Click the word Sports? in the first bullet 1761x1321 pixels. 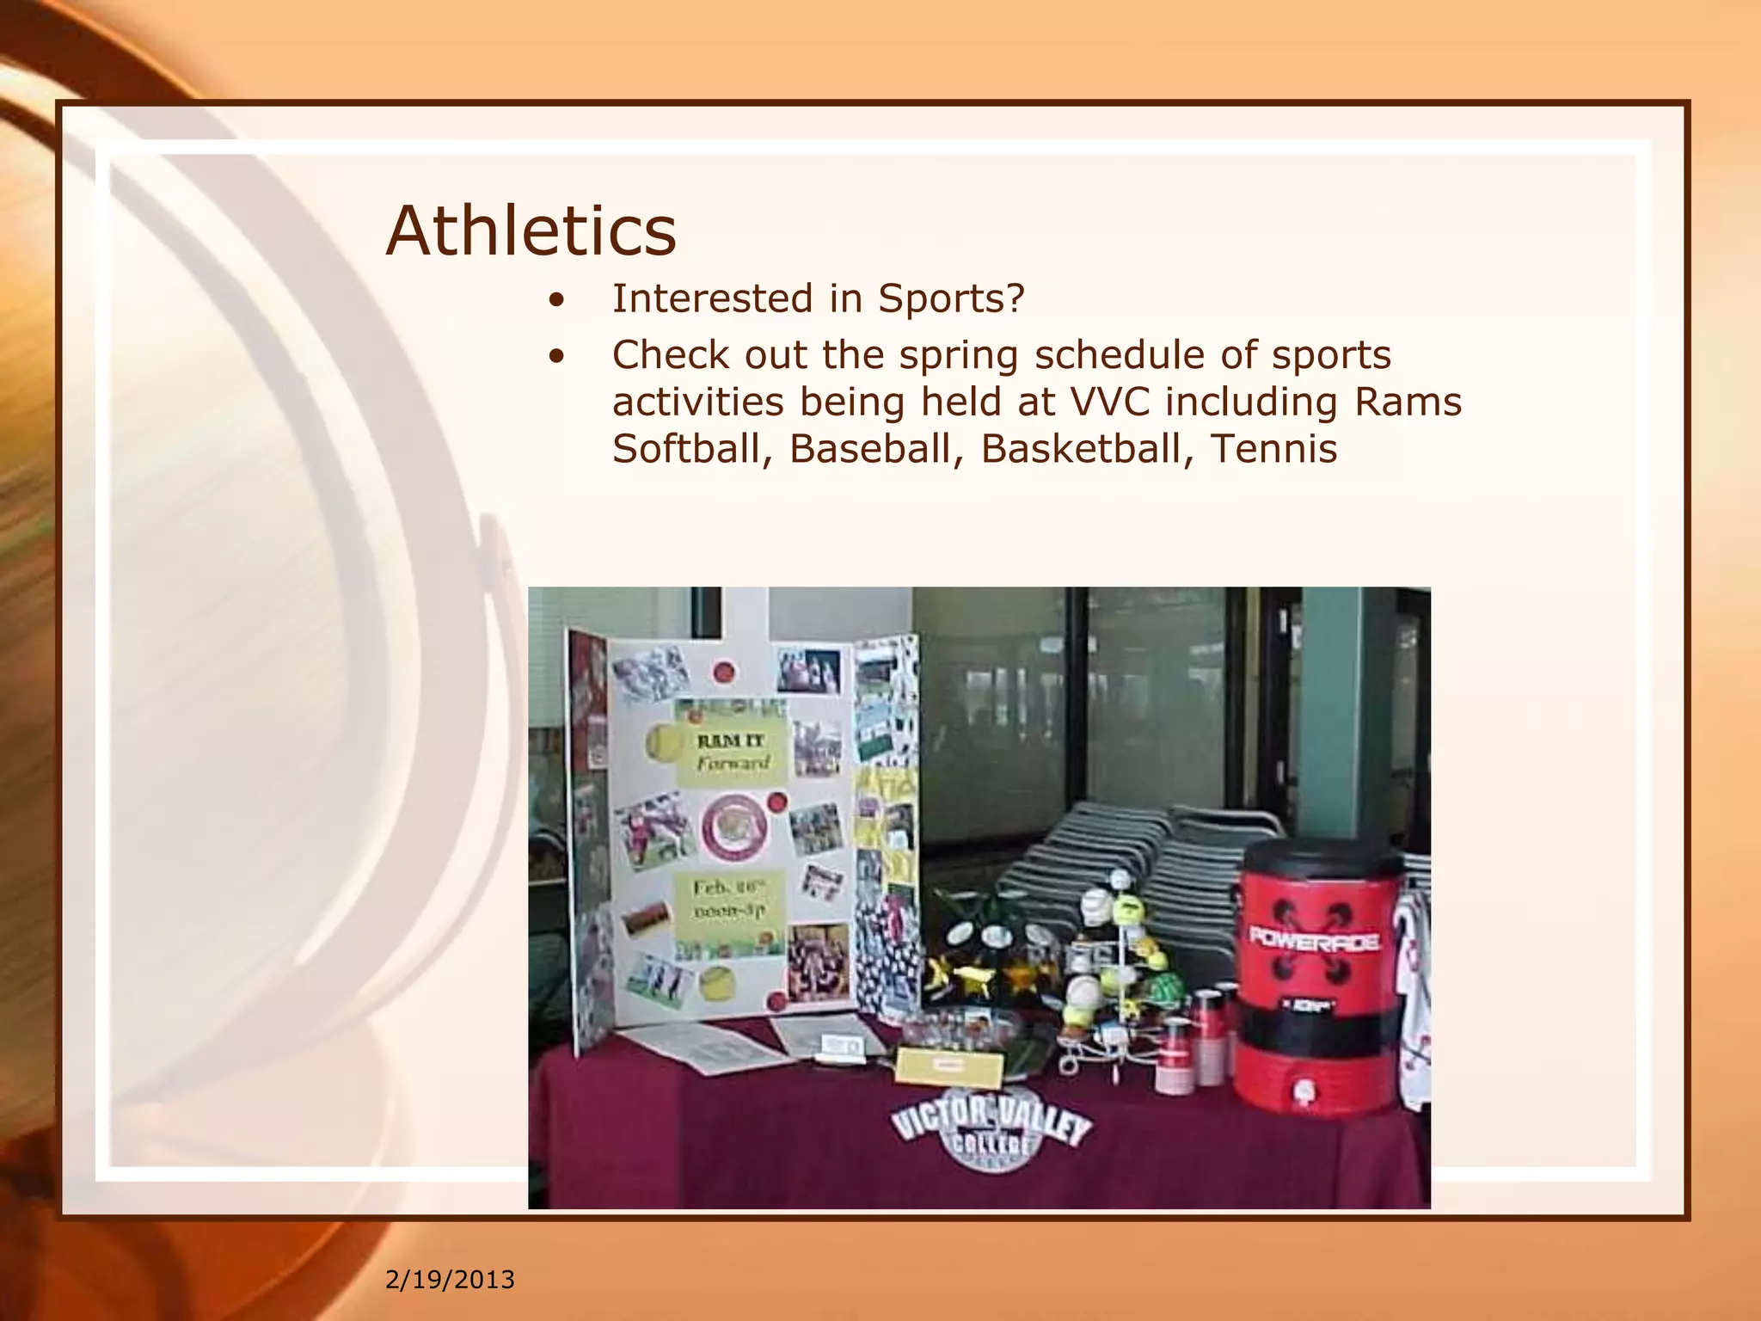[951, 299]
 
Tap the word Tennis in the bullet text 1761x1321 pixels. [1273, 449]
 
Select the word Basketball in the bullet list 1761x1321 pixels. [1086, 449]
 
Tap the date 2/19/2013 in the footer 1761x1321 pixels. [450, 1280]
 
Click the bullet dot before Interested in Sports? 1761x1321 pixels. [558, 301]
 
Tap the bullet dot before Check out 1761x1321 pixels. [558, 356]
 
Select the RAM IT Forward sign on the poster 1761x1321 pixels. [732, 753]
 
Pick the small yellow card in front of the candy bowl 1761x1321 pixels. [948, 1066]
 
